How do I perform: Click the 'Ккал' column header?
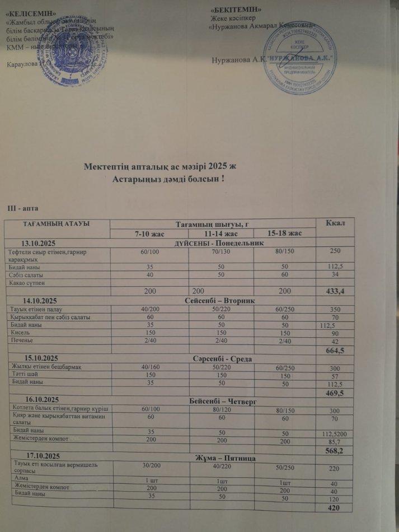point(336,224)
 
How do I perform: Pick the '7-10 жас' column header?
point(149,233)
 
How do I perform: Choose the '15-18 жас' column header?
point(285,233)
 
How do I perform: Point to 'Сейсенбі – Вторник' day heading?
point(219,301)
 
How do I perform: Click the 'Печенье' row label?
point(22,340)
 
